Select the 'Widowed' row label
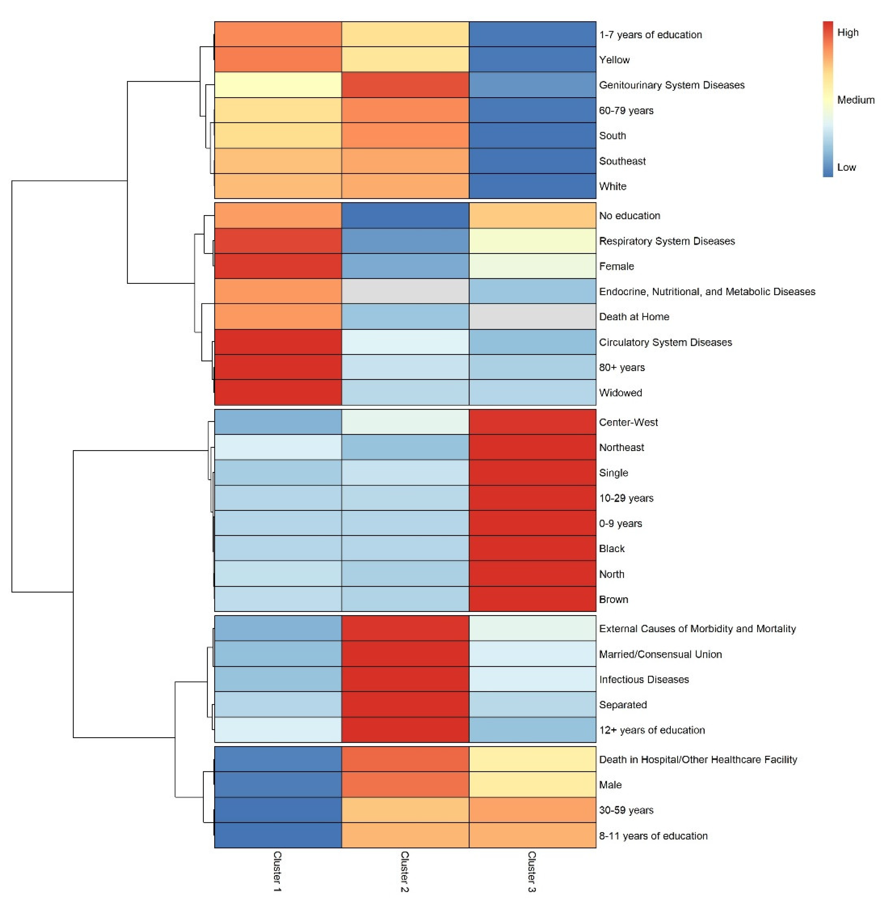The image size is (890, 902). [620, 393]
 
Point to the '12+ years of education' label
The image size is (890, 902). [652, 730]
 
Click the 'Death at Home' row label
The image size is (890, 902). [634, 316]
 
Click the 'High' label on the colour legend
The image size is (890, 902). [848, 32]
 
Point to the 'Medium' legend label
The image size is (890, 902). [855, 100]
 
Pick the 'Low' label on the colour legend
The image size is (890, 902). [846, 167]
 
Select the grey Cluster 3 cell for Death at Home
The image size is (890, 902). [532, 316]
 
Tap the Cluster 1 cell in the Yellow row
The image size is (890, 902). [278, 59]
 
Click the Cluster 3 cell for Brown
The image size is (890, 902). [532, 599]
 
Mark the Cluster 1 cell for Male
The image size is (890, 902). [278, 785]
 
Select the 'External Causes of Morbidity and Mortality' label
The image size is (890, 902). [697, 628]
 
